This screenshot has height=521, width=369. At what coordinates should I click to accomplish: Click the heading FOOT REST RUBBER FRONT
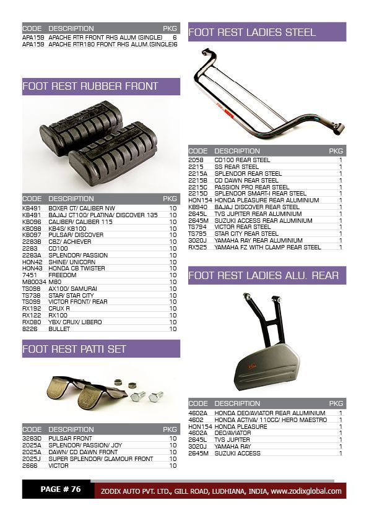click(90, 86)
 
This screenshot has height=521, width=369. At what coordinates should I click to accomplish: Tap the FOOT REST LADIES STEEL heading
click(252, 32)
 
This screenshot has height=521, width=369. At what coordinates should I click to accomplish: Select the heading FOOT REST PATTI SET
click(74, 349)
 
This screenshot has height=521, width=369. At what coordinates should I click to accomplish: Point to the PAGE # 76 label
click(61, 489)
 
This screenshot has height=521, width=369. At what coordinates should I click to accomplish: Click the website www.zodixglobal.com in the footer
click(306, 491)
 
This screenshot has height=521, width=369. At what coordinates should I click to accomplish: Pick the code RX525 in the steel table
click(197, 247)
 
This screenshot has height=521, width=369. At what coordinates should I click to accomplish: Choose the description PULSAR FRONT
click(70, 439)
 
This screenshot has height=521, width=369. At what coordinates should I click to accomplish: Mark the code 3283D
click(32, 439)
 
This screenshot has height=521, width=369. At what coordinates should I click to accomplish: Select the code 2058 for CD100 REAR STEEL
click(195, 160)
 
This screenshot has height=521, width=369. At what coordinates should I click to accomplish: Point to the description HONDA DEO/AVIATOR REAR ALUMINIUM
click(269, 413)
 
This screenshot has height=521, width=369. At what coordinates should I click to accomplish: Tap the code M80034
click(33, 282)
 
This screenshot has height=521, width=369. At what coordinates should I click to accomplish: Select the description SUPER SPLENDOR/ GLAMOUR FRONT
click(100, 459)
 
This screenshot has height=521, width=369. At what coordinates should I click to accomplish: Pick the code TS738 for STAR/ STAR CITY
click(31, 295)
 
